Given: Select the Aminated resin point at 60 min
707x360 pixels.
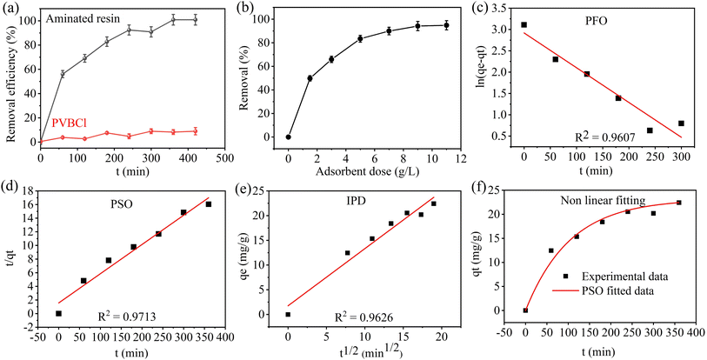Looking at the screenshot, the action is click(63, 75).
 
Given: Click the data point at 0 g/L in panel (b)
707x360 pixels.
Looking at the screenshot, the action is click(289, 137).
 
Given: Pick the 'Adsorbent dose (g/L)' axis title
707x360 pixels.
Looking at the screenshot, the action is click(368, 172).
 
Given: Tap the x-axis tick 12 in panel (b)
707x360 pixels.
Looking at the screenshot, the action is click(460, 158).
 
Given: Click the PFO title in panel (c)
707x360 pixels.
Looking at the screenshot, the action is click(597, 20).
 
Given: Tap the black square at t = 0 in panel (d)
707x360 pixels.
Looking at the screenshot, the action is click(58, 313).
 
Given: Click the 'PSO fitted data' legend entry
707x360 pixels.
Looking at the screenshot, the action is click(604, 291).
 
